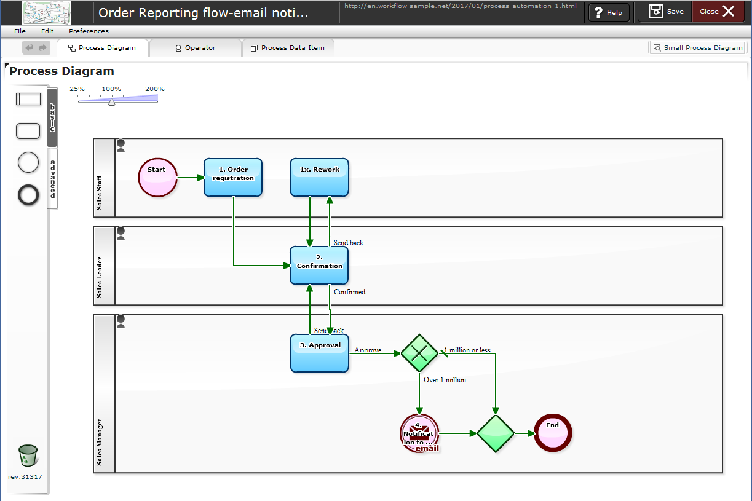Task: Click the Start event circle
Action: click(157, 178)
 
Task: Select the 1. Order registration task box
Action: click(233, 178)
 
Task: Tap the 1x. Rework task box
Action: click(319, 178)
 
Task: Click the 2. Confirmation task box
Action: click(319, 265)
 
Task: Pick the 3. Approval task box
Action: click(319, 353)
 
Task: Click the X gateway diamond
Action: click(419, 353)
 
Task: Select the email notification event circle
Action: click(419, 433)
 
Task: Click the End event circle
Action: click(552, 433)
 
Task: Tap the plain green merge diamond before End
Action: click(496, 433)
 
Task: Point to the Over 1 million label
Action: click(445, 380)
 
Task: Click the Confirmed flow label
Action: click(349, 292)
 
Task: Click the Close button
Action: click(717, 12)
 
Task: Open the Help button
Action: click(608, 12)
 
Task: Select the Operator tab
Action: click(196, 48)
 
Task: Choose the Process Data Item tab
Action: click(288, 48)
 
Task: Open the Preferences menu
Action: click(89, 31)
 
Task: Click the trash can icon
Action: click(28, 457)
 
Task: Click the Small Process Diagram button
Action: click(697, 47)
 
